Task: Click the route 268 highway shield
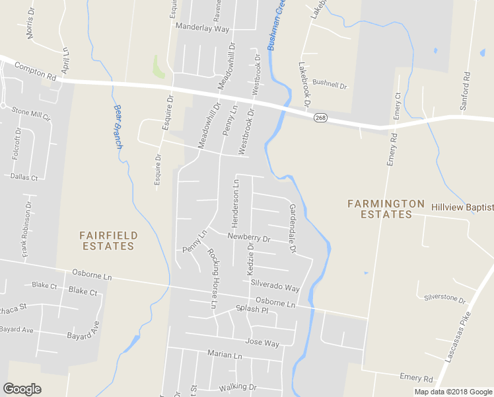(x=320, y=118)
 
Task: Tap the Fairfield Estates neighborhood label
(x=108, y=240)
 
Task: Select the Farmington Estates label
(x=386, y=208)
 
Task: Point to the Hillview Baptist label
(x=462, y=207)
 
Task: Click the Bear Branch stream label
(x=118, y=126)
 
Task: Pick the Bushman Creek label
(x=277, y=26)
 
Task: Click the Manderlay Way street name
(x=202, y=29)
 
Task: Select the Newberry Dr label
(x=249, y=237)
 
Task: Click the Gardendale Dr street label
(x=291, y=229)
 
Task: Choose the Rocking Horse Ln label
(x=212, y=279)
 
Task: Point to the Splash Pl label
(x=252, y=309)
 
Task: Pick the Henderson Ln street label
(x=236, y=201)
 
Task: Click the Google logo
(x=22, y=389)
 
